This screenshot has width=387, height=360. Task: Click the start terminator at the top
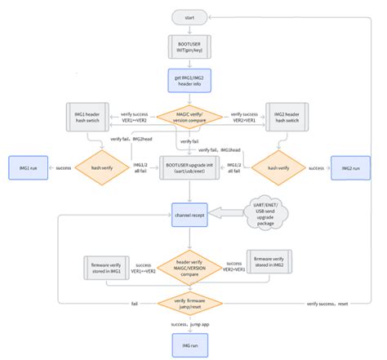(x=189, y=16)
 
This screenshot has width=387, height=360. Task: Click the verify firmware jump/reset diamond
(x=189, y=303)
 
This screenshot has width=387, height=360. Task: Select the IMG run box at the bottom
(x=189, y=346)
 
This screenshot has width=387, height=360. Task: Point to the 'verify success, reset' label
(x=327, y=303)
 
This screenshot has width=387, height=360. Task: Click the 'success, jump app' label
(x=189, y=325)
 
